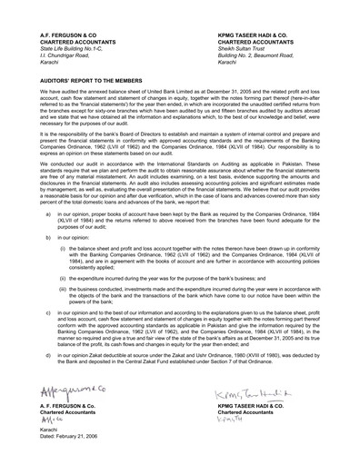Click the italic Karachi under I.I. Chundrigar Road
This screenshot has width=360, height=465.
coord(52,58)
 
